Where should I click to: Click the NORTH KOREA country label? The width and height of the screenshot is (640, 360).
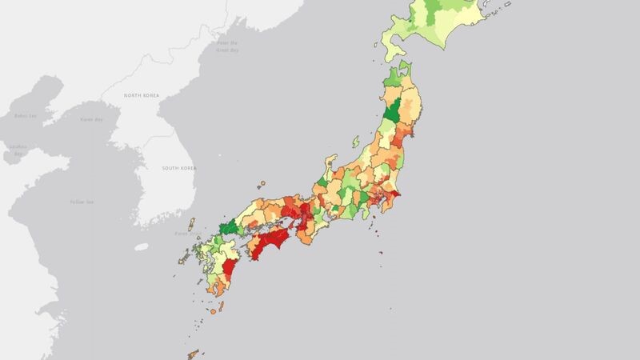(x=142, y=95)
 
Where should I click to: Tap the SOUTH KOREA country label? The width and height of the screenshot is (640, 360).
(x=180, y=168)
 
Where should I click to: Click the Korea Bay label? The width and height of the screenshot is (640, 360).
(x=92, y=120)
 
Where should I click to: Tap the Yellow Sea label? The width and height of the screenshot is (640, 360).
(x=83, y=201)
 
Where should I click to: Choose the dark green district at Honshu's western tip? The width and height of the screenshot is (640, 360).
(x=230, y=227)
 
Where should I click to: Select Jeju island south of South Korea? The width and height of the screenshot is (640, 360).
(x=142, y=247)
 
